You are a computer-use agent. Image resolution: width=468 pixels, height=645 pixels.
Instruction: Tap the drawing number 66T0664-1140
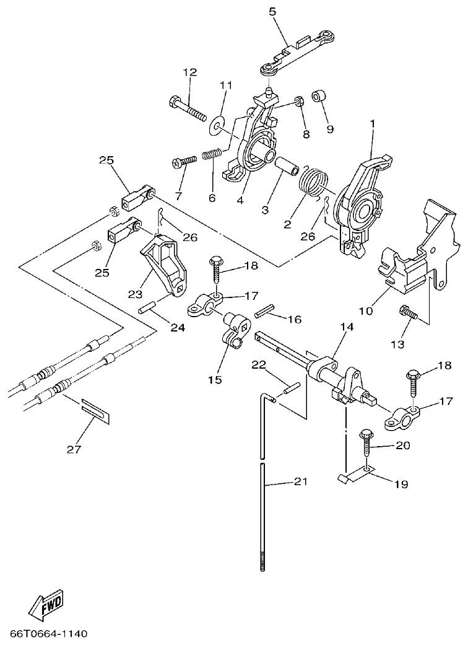[49, 634]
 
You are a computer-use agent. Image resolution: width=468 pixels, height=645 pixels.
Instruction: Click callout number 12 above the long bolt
[189, 72]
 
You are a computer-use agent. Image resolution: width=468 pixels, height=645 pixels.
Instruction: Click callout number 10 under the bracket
[365, 310]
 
